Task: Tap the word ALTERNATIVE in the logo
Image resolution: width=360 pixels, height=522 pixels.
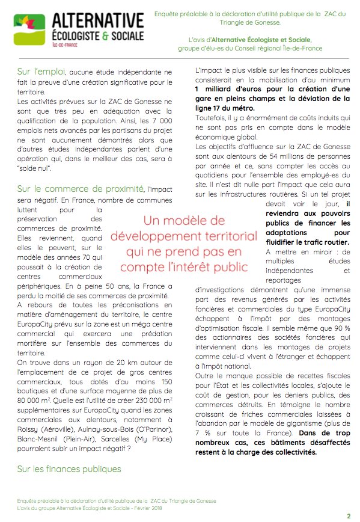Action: tap(97, 21)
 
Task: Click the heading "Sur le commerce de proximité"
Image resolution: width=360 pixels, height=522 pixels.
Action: tap(81, 189)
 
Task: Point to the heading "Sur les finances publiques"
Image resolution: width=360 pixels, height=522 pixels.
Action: tap(69, 468)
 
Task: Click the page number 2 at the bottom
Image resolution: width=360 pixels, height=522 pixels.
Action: tap(349, 515)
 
